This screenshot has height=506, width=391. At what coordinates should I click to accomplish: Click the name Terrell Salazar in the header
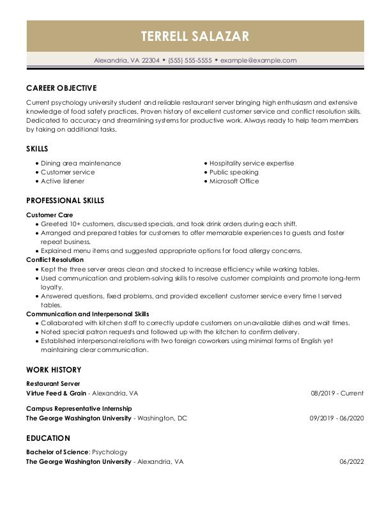pos(195,36)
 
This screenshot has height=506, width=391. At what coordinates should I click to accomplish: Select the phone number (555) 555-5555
pos(190,61)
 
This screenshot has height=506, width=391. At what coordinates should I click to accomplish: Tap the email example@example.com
pos(258,61)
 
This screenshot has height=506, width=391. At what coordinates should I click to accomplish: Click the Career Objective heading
pos(61,88)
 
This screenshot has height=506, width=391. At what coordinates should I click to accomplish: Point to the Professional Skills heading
pos(65,201)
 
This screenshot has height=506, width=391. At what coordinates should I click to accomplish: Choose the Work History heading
pos(54,370)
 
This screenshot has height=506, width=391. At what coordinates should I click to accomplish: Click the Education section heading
pos(48,438)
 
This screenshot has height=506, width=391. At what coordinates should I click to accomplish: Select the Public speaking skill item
pos(234,172)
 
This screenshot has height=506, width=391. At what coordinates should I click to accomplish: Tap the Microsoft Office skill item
pos(234,181)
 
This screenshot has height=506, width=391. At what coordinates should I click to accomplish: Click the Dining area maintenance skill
pos(80,164)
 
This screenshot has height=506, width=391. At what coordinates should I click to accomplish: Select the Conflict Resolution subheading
pos(55,260)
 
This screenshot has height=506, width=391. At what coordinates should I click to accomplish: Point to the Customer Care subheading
pos(50,215)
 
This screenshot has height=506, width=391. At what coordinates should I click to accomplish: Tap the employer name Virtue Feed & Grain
pos(56,393)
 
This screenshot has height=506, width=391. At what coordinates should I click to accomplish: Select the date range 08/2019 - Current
pos(337,393)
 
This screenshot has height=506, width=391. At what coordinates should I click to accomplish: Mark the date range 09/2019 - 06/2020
pos(337,418)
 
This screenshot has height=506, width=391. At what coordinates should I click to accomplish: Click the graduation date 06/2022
pos(351,461)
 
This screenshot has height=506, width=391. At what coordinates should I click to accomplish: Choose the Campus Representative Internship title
pos(79,409)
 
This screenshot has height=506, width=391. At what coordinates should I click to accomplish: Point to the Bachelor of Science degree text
pos(57,452)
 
